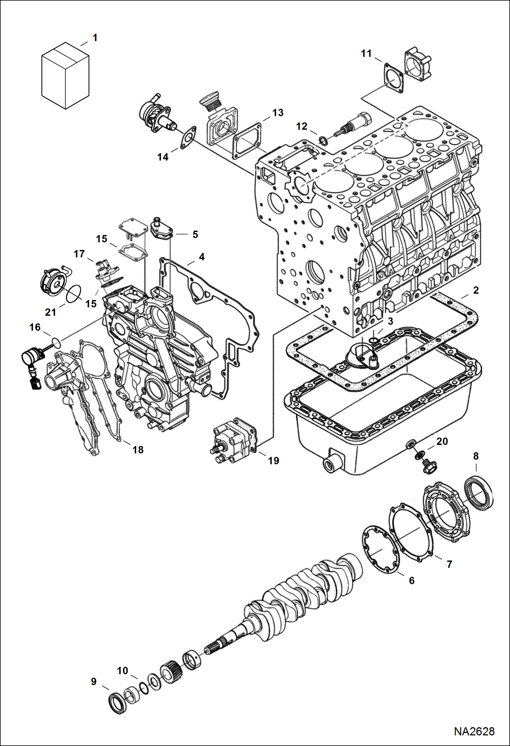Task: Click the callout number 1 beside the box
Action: [x=95, y=38]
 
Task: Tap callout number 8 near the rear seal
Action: [x=476, y=456]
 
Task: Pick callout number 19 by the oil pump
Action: [x=273, y=461]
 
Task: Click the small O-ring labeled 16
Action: [x=57, y=342]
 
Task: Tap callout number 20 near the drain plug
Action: [x=442, y=442]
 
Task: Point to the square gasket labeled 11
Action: [x=394, y=78]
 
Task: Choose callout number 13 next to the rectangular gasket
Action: [x=278, y=113]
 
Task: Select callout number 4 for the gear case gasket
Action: [x=202, y=257]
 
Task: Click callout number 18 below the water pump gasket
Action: [x=138, y=450]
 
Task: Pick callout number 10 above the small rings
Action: [x=123, y=670]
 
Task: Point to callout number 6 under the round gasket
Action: [x=412, y=580]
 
